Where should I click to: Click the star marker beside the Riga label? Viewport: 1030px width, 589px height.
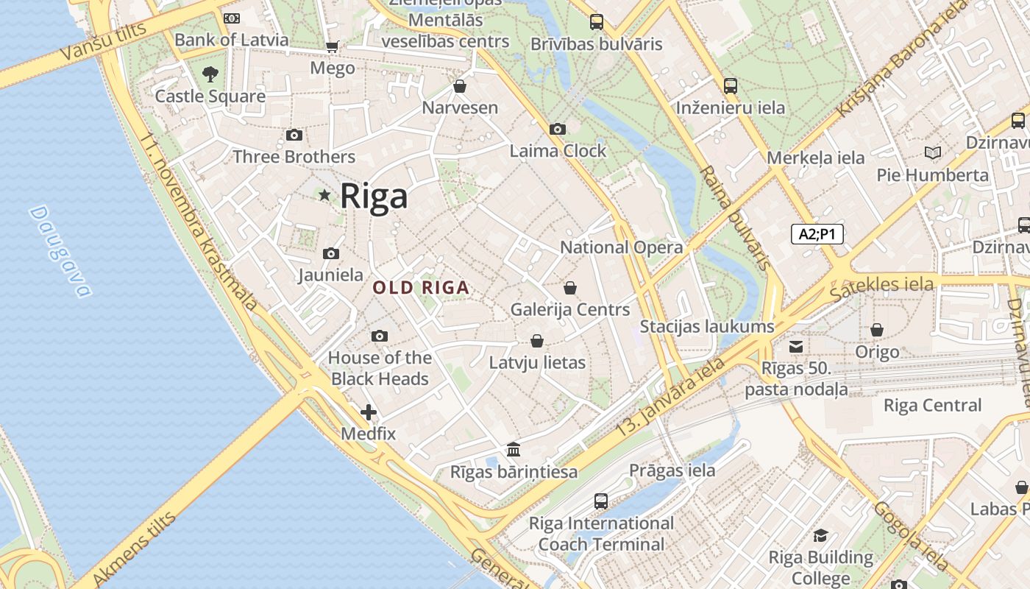(x=324, y=195)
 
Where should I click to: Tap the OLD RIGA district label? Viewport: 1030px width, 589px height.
(x=421, y=288)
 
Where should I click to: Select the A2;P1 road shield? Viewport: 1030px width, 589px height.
(x=817, y=234)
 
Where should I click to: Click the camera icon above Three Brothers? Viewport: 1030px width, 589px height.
(x=294, y=135)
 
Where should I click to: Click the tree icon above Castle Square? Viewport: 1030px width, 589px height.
(x=210, y=74)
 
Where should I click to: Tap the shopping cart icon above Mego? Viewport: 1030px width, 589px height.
(x=333, y=46)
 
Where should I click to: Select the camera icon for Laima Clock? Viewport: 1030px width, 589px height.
(x=558, y=130)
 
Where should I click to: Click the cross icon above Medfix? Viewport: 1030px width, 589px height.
(x=369, y=412)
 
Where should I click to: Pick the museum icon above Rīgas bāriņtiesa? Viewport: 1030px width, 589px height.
(x=514, y=449)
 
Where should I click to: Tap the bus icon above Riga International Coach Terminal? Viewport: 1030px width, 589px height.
(x=601, y=501)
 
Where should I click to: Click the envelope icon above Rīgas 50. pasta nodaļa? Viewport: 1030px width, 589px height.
(x=796, y=346)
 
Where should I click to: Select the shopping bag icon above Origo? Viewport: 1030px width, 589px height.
(x=877, y=330)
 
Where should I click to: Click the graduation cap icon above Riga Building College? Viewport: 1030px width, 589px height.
(x=821, y=535)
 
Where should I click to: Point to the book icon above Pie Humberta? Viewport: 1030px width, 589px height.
(x=933, y=153)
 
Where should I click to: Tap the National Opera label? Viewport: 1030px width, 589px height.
(x=622, y=247)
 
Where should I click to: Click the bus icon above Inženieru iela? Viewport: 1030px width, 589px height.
(x=731, y=86)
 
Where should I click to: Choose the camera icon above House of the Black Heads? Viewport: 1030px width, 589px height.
(x=380, y=336)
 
